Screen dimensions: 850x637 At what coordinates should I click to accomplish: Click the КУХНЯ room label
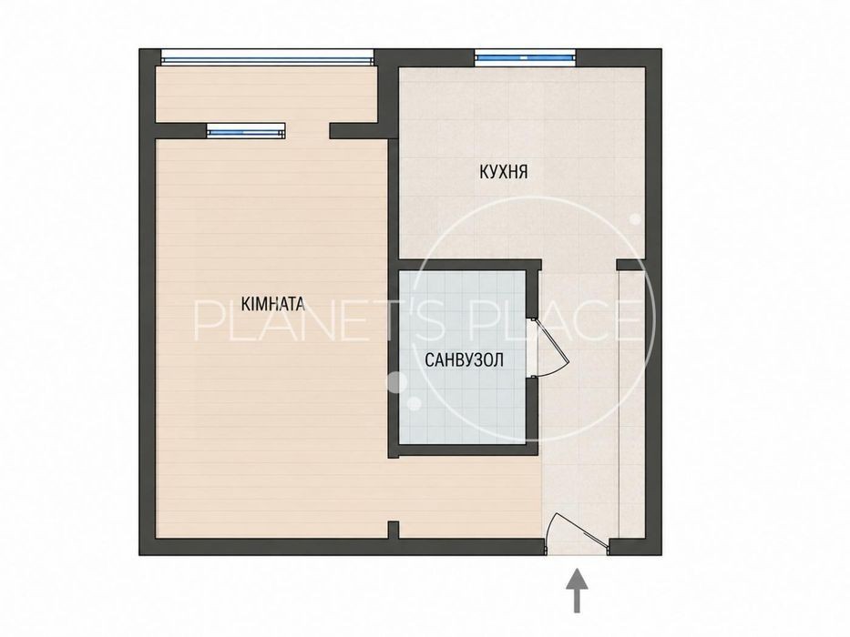pos(503,172)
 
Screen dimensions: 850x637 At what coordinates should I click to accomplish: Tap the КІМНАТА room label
pos(272,304)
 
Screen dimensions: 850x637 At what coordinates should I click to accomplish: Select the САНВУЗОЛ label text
pos(464,359)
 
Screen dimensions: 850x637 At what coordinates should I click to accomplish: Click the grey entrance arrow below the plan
pos(577,591)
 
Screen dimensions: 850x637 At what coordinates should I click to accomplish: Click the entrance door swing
pos(575,527)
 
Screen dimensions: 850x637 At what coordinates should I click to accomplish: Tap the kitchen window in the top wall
pos(524,56)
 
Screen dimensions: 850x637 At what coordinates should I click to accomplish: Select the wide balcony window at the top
pos(267,56)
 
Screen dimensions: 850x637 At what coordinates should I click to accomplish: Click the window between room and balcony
pos(246,130)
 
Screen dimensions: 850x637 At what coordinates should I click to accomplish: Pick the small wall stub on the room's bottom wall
pos(394,530)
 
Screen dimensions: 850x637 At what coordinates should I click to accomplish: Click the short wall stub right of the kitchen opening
pos(630,265)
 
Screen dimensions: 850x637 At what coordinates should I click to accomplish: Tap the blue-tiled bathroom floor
pos(463,358)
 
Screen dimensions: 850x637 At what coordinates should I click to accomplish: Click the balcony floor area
pos(267,94)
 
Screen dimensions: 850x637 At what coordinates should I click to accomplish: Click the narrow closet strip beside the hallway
pos(632,403)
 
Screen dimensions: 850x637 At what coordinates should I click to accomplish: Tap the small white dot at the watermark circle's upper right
pos(635,220)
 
